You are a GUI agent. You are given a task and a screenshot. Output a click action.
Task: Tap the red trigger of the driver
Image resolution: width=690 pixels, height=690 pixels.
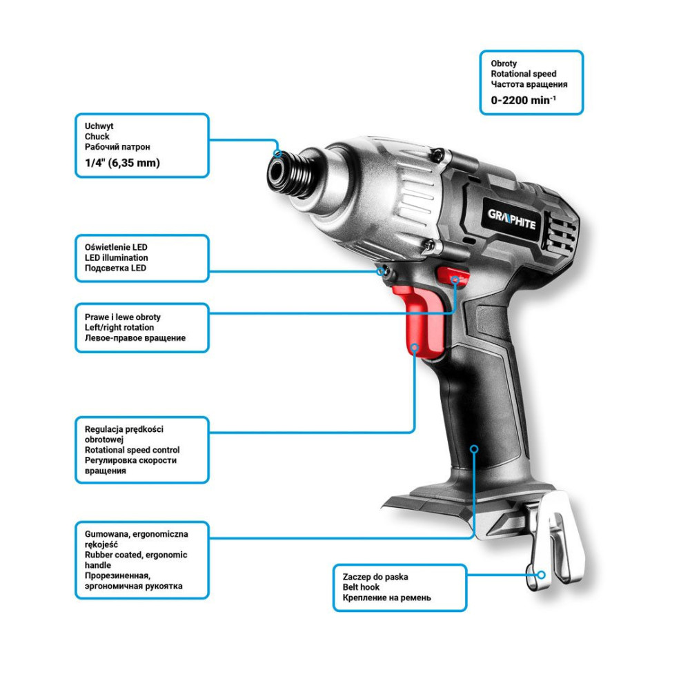[420, 319]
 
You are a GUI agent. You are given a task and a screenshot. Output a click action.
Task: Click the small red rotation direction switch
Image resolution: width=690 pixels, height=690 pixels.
[453, 277]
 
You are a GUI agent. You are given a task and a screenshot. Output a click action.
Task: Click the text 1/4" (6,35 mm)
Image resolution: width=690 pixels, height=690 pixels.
[122, 163]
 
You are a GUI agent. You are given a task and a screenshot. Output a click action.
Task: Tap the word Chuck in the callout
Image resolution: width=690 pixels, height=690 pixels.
[97, 137]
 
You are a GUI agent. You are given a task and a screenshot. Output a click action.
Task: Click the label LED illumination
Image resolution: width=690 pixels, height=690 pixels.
[116, 258]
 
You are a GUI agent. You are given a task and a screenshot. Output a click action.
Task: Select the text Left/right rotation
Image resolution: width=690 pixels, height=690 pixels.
[119, 327]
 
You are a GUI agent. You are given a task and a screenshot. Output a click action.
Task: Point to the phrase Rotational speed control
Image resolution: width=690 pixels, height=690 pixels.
[132, 450]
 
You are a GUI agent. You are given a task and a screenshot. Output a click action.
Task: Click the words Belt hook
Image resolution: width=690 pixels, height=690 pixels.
[361, 587]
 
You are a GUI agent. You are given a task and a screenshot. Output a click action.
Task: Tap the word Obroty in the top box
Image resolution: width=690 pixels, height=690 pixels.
[504, 63]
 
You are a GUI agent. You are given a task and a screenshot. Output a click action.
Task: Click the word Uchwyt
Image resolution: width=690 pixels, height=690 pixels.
[99, 126]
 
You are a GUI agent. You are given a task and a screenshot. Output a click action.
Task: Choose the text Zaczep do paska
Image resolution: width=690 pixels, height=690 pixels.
[375, 576]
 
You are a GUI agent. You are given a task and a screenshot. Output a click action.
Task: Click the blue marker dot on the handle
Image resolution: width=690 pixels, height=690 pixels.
[474, 449]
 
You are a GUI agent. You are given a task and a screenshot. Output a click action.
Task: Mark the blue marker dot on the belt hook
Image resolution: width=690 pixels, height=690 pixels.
[542, 575]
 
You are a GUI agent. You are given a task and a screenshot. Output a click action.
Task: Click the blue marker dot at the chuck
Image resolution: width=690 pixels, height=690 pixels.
[277, 153]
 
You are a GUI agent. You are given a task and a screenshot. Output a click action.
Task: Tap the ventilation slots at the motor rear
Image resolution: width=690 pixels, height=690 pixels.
[560, 233]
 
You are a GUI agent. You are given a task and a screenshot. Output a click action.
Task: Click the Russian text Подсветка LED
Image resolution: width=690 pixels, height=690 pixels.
[115, 268]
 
